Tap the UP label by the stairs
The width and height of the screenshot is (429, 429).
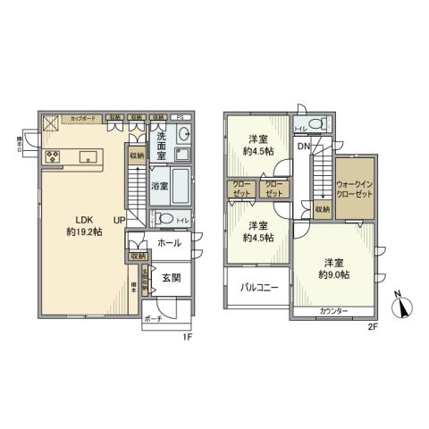119,220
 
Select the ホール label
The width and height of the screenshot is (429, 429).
169,242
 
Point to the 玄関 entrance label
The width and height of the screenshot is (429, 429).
172,278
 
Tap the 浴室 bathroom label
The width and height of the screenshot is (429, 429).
159,188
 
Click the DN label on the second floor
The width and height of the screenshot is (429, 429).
304,146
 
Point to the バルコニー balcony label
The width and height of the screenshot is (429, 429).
259,288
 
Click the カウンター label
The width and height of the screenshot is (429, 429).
333,310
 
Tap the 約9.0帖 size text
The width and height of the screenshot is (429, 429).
334,274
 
